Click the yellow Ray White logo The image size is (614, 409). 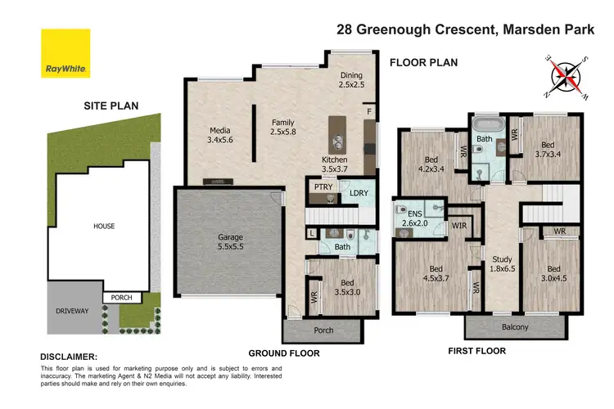66,54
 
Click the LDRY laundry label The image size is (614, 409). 359,192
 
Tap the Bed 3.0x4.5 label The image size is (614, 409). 553,274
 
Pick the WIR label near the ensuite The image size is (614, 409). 458,224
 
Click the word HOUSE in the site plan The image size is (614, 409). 103,226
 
